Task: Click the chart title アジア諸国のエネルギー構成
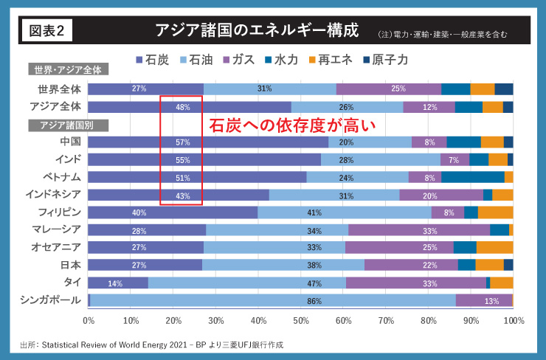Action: click(x=257, y=31)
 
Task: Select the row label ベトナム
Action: click(x=60, y=177)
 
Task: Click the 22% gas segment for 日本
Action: click(x=411, y=265)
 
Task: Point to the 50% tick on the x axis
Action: click(x=300, y=322)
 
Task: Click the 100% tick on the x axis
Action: click(x=512, y=322)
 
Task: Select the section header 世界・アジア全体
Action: click(x=69, y=70)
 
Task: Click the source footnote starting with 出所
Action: click(x=151, y=345)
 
